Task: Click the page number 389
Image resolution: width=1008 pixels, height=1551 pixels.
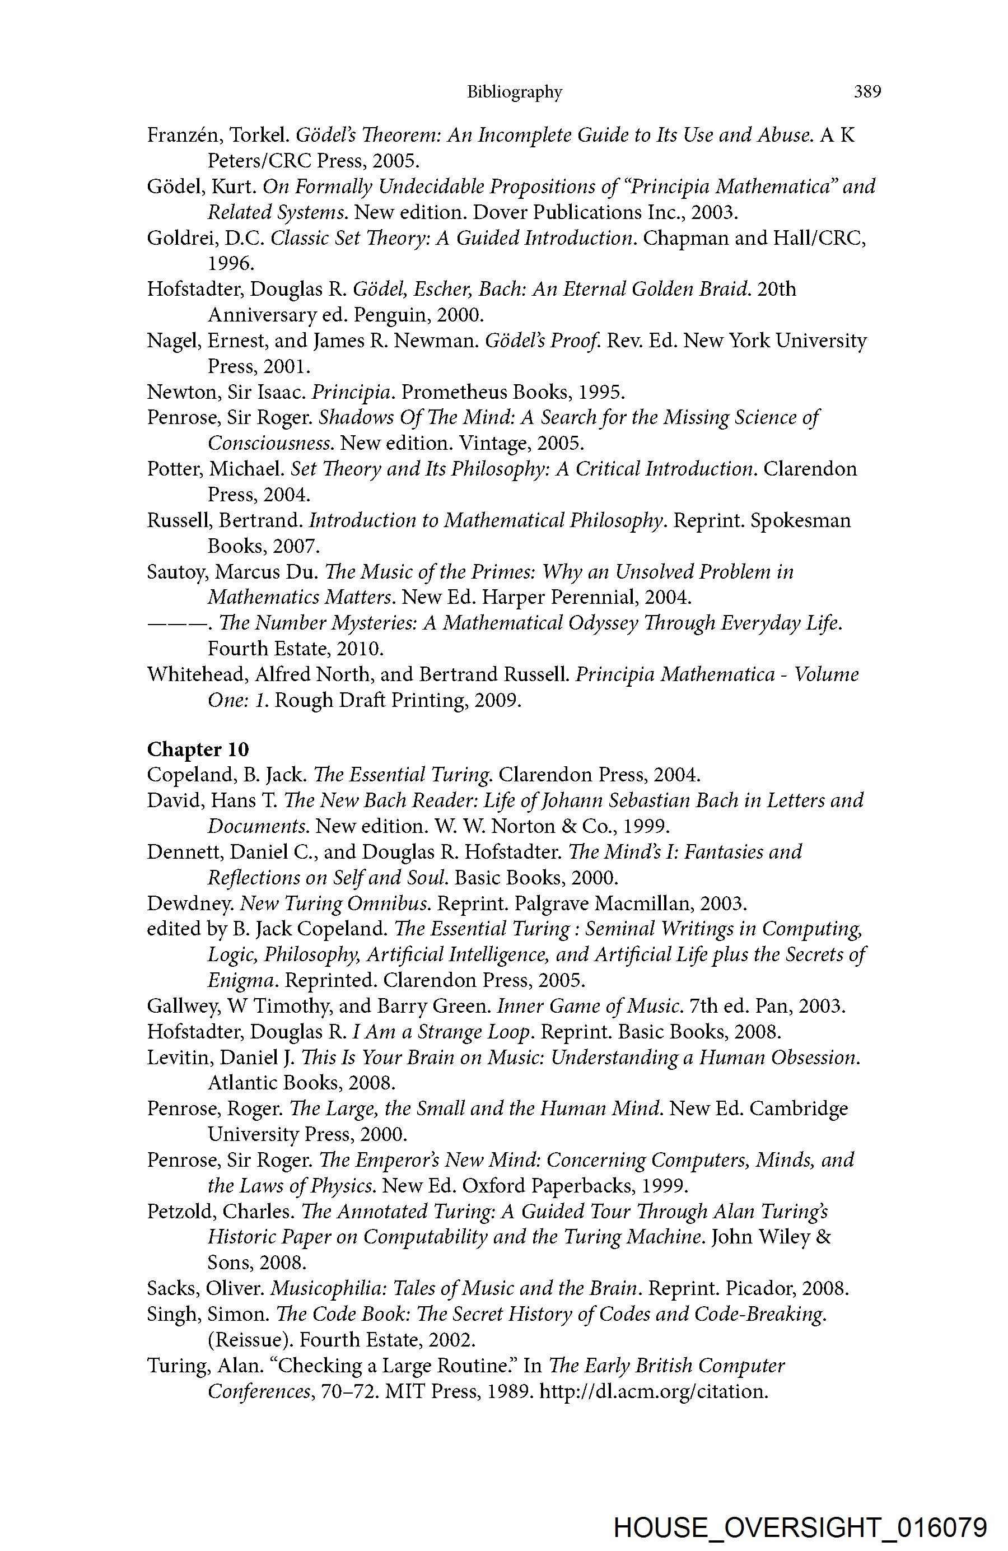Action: click(867, 92)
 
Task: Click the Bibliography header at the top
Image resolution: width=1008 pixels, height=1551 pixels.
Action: click(514, 92)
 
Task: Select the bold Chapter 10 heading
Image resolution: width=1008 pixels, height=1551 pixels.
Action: click(198, 749)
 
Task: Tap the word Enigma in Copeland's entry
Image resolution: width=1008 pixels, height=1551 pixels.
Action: click(242, 981)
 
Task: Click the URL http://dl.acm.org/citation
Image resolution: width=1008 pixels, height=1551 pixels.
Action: click(654, 1392)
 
